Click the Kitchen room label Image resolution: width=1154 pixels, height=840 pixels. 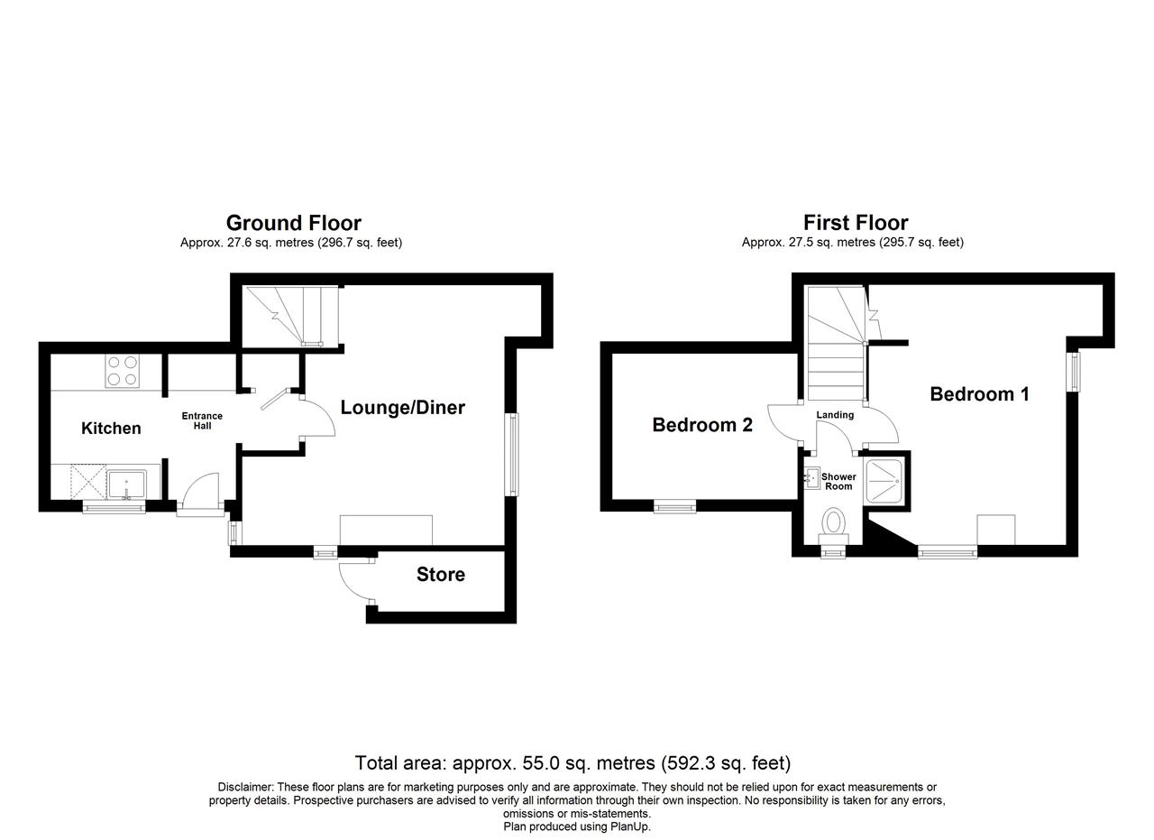[x=111, y=429]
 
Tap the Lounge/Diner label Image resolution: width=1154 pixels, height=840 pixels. [x=403, y=408]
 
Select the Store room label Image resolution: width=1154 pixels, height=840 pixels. [x=441, y=575]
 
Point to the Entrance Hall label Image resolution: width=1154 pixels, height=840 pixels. [x=202, y=420]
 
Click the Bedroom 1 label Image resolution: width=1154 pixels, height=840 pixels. [x=980, y=394]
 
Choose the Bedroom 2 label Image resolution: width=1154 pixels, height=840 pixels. [x=702, y=425]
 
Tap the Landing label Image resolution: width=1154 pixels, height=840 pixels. [x=835, y=414]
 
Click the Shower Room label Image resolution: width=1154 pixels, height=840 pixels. [x=838, y=482]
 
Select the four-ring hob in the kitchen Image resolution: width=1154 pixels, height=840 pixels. [x=122, y=371]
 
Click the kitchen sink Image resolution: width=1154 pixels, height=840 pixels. [x=127, y=485]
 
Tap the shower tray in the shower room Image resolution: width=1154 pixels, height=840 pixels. [x=884, y=481]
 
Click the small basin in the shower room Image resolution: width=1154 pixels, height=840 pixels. [x=812, y=478]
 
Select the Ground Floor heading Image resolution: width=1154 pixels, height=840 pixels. [x=294, y=223]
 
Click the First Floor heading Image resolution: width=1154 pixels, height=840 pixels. [x=856, y=223]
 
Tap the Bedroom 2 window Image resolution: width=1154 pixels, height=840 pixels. [x=675, y=507]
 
